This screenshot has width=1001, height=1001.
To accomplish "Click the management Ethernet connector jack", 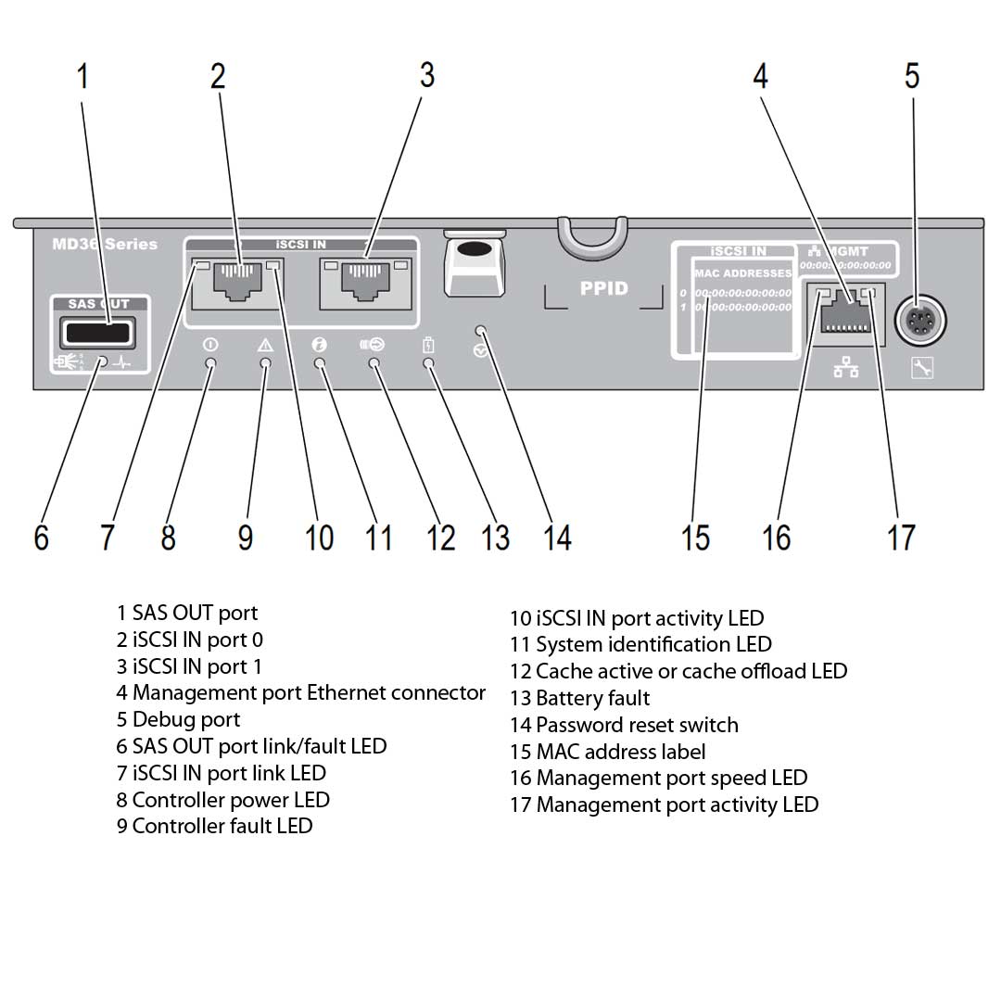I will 844,311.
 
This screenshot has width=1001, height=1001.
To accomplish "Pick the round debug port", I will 919,322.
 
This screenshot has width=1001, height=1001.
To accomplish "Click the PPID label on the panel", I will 603,288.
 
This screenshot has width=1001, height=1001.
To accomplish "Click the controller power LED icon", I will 210,345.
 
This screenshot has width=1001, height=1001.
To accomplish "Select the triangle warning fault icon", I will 265,345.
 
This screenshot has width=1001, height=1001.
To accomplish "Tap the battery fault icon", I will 428,345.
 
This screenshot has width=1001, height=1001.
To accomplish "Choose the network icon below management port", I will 845,369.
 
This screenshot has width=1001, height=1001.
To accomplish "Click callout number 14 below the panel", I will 557,537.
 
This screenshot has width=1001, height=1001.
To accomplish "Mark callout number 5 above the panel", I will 912,75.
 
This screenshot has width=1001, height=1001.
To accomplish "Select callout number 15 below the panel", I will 695,537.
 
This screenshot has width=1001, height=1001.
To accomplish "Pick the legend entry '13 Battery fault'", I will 580,698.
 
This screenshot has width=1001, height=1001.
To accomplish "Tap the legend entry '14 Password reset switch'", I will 624,725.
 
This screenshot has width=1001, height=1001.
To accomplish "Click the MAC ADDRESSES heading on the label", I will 742,273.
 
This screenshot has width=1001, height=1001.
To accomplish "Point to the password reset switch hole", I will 480,330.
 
